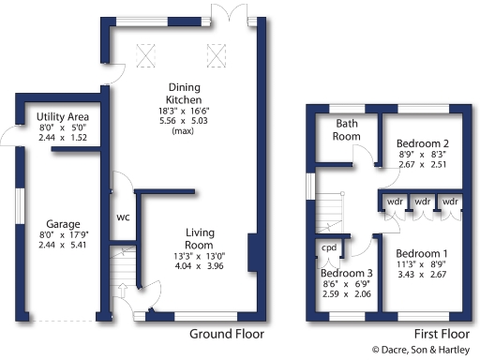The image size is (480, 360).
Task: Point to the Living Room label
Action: tap(202, 232)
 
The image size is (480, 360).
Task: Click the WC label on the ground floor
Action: tap(123, 217)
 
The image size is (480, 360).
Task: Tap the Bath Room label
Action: tap(348, 130)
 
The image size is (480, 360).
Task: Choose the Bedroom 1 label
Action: tap(421, 254)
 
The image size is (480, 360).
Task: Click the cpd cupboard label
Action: tap(329, 248)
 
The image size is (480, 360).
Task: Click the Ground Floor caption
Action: tap(227, 334)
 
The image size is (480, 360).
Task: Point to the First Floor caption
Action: tap(441, 334)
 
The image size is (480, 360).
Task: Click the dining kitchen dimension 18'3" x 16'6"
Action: tap(184, 111)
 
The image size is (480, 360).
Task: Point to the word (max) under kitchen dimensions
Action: tap(184, 131)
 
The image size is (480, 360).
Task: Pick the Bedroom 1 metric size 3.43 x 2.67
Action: tap(421, 275)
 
